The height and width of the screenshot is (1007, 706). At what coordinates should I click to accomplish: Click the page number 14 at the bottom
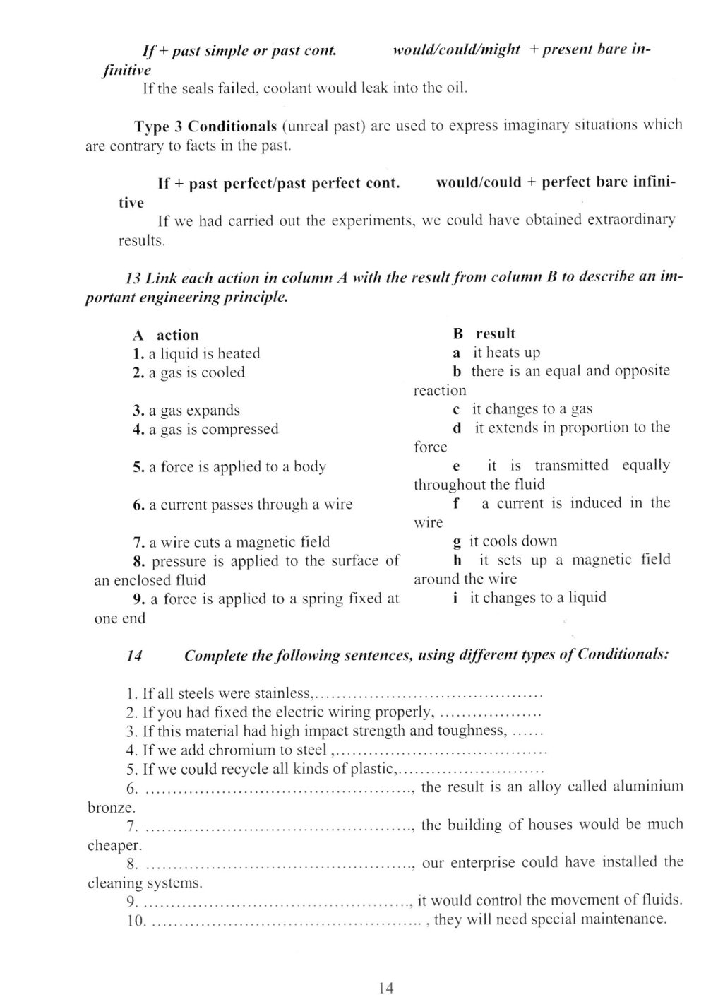[385, 987]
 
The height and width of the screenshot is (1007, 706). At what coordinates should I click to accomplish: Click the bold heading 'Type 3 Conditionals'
[205, 127]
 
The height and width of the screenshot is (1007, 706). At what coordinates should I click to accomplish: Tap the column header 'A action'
[166, 335]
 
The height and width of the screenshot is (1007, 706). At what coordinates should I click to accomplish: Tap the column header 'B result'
[484, 334]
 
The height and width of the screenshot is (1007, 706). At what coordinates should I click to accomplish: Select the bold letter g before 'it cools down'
[457, 542]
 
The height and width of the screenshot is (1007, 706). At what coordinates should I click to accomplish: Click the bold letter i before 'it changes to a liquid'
[455, 598]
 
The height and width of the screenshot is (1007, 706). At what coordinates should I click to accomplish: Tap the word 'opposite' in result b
[640, 371]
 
